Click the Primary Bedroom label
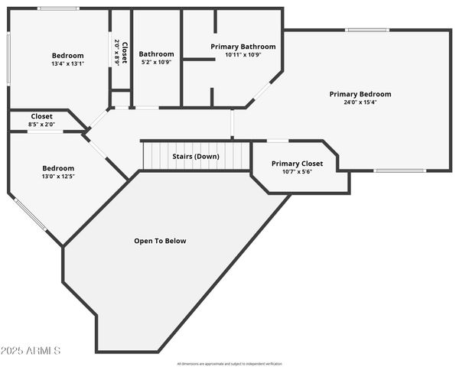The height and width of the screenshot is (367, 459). pos(360,94)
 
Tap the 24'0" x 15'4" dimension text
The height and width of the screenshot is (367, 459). pos(360,102)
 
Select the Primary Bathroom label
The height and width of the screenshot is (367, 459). pos(243,47)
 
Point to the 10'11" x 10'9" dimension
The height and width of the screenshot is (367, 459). pos(243,55)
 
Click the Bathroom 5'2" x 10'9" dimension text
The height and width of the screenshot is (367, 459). pos(156,62)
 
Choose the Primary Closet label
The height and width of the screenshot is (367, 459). pos(297,164)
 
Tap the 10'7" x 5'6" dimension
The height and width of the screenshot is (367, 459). pos(297,171)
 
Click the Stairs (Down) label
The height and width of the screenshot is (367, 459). pos(195,156)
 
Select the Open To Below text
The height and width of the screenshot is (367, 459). pos(160,241)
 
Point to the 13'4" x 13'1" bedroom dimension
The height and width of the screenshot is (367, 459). pos(68,63)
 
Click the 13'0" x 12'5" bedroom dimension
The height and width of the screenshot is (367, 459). pos(58,177)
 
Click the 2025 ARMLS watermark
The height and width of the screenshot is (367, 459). pos(31,350)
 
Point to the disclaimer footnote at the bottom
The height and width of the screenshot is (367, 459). pos(229,363)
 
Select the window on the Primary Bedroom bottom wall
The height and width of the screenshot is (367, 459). pos(399,171)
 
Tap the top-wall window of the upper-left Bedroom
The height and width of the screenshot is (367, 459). pos(58,8)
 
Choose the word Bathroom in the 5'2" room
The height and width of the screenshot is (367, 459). pos(156,54)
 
